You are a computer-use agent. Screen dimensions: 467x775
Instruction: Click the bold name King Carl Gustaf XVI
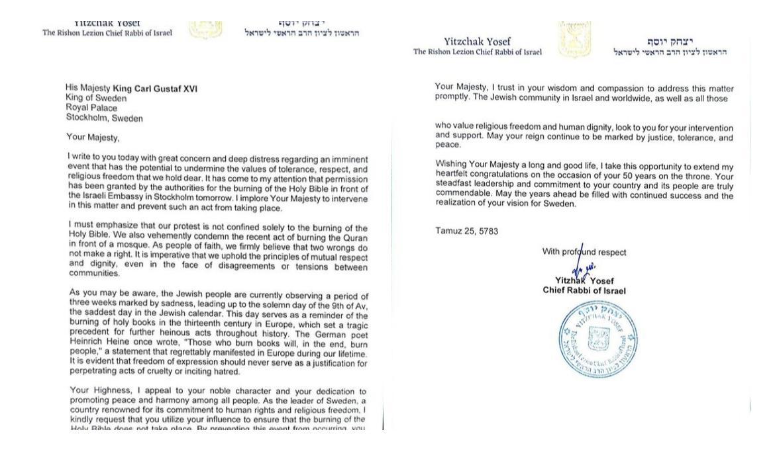click(155, 89)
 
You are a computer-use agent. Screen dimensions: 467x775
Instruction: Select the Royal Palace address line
click(91, 108)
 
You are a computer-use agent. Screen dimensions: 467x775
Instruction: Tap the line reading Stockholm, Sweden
click(104, 118)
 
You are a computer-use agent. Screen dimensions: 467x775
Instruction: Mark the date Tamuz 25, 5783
click(467, 232)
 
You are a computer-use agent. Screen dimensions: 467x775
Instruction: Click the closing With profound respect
click(584, 251)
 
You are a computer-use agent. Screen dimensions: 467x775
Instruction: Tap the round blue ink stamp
click(598, 340)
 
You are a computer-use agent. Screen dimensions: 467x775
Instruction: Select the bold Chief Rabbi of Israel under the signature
click(584, 290)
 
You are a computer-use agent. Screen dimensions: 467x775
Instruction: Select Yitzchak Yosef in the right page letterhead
click(477, 42)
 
